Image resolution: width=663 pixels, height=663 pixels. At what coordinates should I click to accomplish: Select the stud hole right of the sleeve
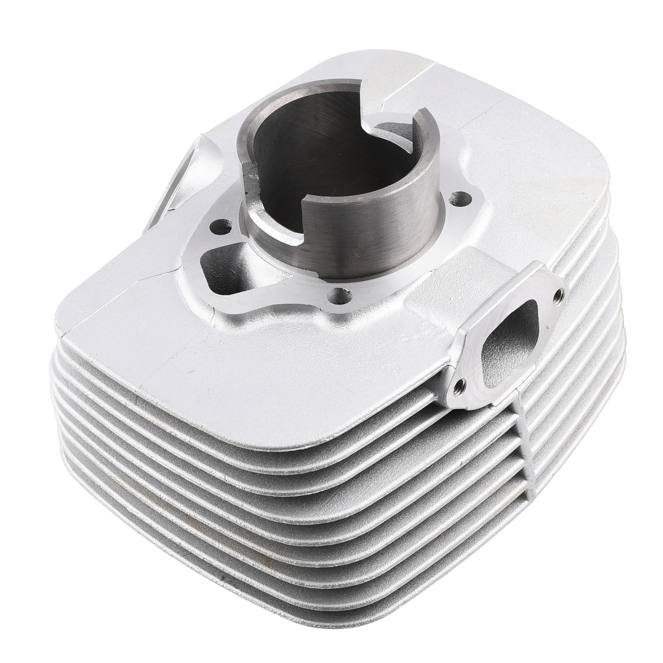pos(460,199)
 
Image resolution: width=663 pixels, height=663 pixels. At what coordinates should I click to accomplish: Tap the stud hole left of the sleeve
pos(220,227)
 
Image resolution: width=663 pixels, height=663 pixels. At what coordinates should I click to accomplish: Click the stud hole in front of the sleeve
pos(339,297)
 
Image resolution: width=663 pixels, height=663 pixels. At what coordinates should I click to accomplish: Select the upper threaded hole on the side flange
pos(557,296)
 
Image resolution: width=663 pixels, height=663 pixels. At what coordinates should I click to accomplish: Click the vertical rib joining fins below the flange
pos(522,448)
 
